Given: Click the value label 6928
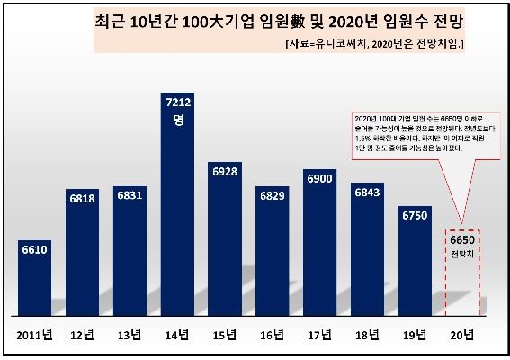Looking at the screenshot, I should (x=225, y=171).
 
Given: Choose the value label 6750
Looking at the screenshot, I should (x=415, y=216).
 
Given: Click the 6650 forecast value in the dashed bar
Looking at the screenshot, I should (x=461, y=240).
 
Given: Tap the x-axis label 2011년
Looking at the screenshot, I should (x=36, y=335).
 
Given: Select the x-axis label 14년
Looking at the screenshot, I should (x=177, y=335).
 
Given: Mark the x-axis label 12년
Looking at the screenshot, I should (x=83, y=335).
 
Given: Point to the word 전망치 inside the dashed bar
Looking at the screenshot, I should (x=461, y=255).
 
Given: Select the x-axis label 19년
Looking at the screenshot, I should (x=415, y=335).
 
